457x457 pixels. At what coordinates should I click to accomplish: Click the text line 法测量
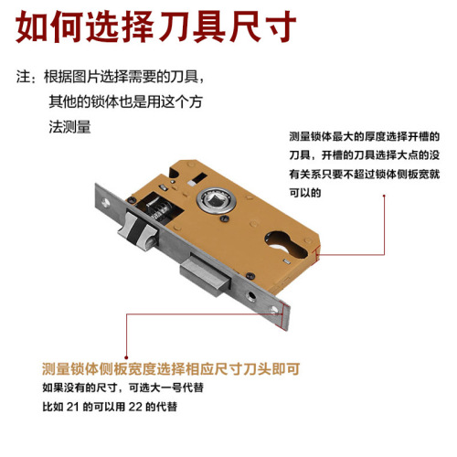tap(70, 127)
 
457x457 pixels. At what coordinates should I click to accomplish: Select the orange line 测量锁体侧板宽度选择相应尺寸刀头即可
tap(171, 369)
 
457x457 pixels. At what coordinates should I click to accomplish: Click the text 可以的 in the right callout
tap(305, 193)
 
